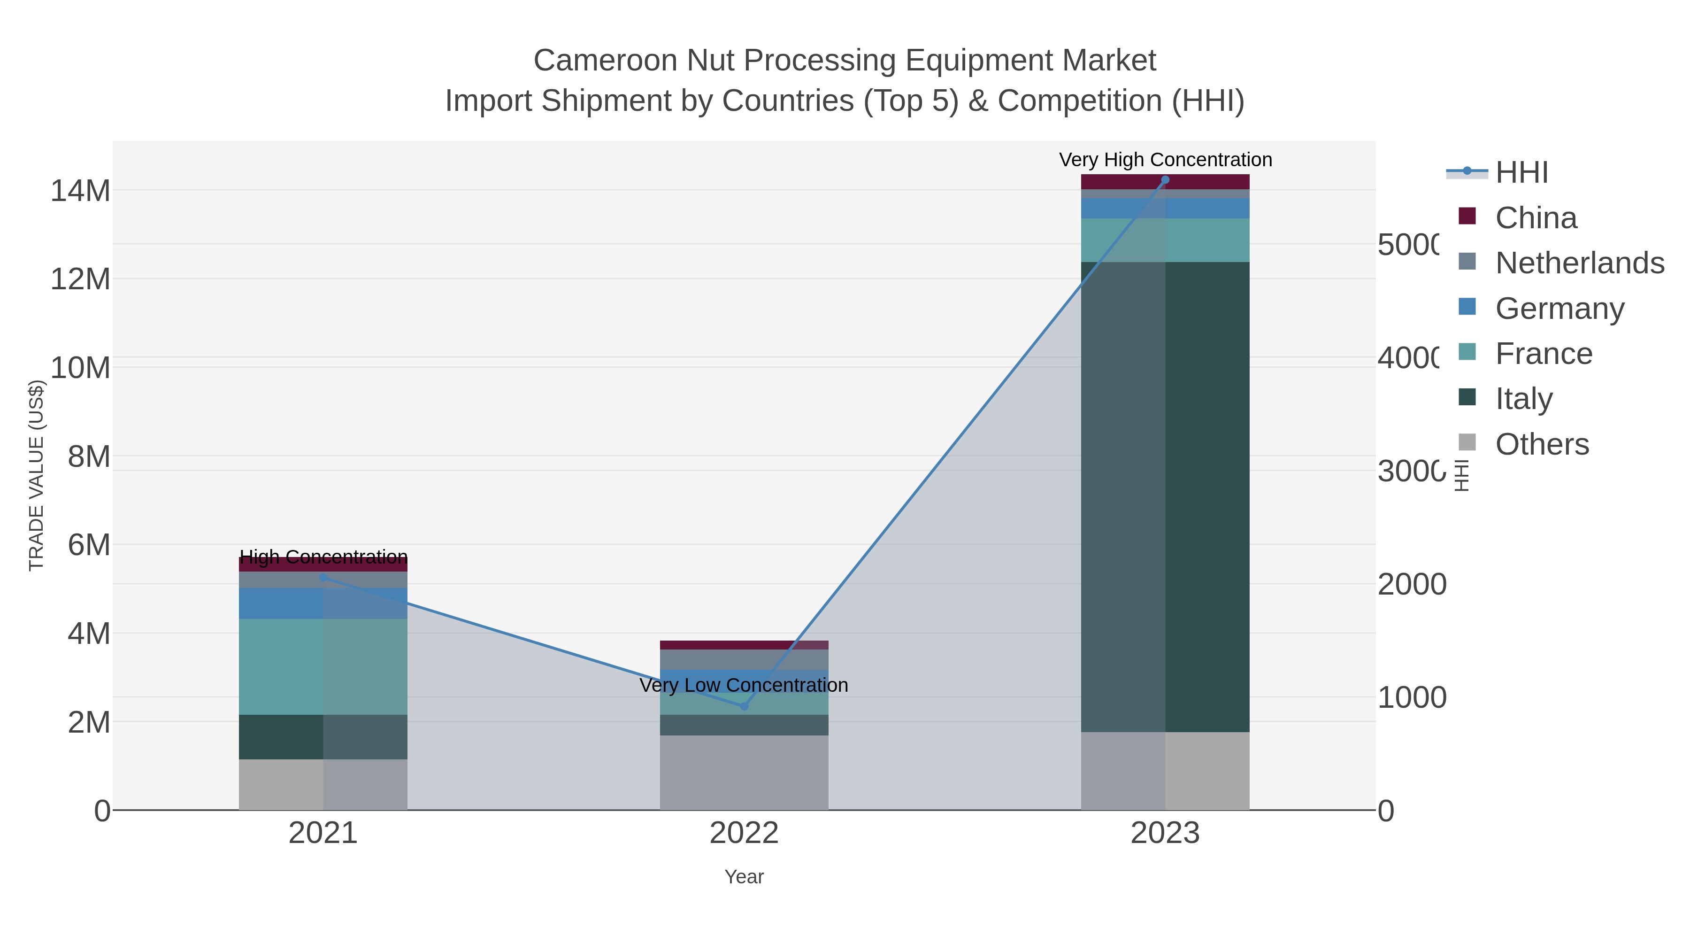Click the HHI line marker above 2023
tap(1165, 180)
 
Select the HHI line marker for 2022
tap(744, 706)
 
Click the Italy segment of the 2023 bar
tap(1165, 497)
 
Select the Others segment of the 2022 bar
tap(744, 773)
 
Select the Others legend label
tap(1542, 444)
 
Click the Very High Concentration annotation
tap(1165, 160)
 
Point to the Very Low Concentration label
tap(744, 685)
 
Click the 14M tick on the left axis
tap(80, 191)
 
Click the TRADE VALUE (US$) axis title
tap(36, 475)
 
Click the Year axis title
tap(744, 877)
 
